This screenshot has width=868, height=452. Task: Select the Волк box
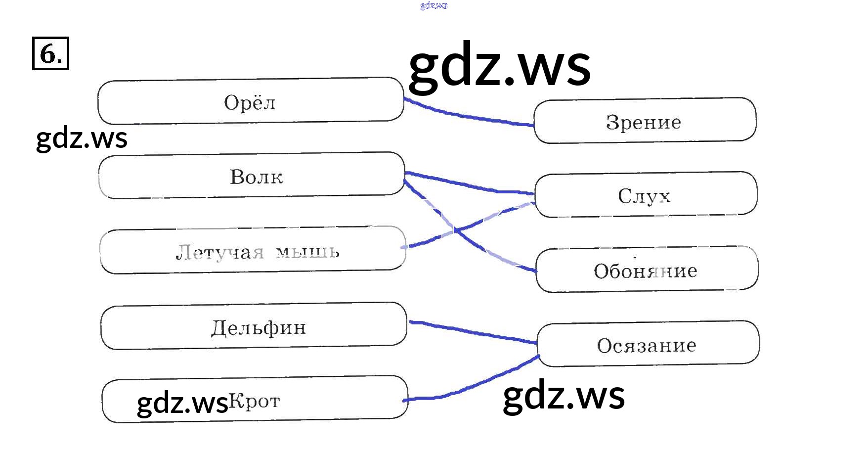pos(252,176)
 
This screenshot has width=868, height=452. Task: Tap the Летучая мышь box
pos(253,250)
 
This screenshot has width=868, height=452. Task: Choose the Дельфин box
pos(254,326)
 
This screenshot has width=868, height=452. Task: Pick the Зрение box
pos(645,121)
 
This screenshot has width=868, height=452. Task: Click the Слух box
pos(646,195)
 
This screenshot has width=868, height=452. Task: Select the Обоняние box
pos(647,270)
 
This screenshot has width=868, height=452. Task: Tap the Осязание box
pos(648,344)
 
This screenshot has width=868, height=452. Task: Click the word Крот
pos(255,401)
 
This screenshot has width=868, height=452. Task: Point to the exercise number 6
pos(50,53)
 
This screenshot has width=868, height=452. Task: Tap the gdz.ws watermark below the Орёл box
pos(82,138)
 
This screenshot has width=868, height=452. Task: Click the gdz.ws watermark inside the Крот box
pos(182,403)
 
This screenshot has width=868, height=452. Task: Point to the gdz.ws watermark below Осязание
pos(564,395)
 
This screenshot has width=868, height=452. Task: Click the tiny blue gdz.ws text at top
pos(434,6)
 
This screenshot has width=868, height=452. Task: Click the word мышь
pos(307,252)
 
